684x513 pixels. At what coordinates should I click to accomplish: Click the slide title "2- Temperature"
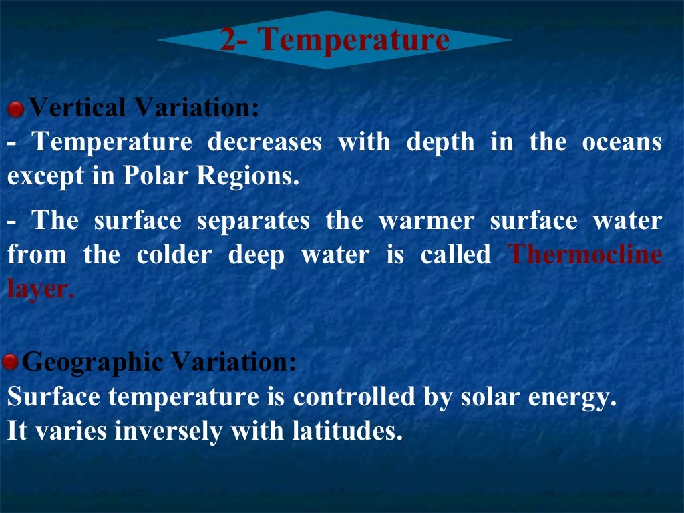(335, 39)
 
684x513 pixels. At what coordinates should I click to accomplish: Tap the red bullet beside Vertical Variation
(15, 108)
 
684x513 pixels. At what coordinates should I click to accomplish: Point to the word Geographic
(93, 363)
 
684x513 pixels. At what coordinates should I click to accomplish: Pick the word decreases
(265, 142)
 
